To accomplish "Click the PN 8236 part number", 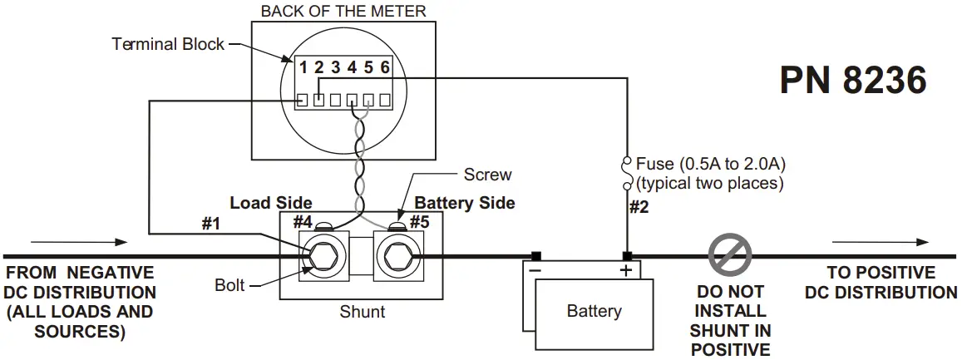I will (852, 81).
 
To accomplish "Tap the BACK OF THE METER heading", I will (343, 11).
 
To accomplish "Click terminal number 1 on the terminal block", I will (303, 68).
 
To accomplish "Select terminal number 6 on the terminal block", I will (385, 68).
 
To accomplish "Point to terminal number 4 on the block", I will (353, 68).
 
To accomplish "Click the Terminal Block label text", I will (168, 44).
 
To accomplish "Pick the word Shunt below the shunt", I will (362, 313).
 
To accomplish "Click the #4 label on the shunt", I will (302, 221).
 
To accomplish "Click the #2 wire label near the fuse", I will (638, 208).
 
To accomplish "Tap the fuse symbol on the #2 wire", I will (625, 172).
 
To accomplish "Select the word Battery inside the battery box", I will (594, 312).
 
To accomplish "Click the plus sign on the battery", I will (626, 270).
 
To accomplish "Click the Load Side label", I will (271, 203).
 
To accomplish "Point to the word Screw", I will (486, 175).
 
